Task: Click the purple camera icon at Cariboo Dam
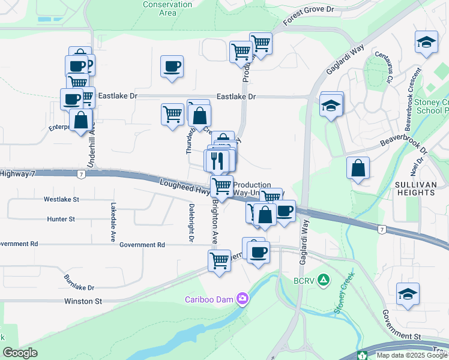242,298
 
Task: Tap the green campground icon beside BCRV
323,279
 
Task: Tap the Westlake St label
61,199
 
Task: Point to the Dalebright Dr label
191,223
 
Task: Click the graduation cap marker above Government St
408,295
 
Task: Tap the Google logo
20,353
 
